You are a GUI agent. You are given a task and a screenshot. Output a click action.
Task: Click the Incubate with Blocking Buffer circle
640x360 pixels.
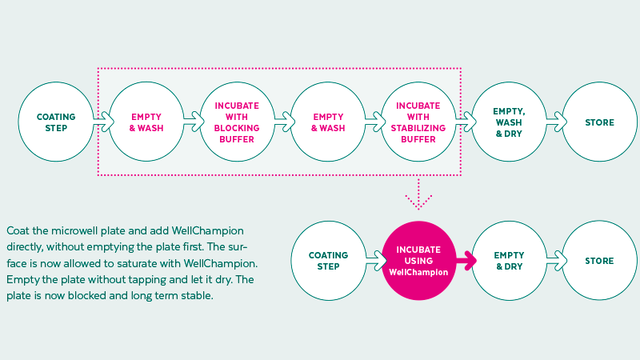[236, 122]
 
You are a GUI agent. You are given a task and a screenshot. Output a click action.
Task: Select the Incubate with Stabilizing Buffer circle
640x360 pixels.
[418, 122]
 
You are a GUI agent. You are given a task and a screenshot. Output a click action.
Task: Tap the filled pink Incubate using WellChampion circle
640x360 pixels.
[418, 261]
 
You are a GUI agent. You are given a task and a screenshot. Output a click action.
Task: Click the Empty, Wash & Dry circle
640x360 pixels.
[509, 122]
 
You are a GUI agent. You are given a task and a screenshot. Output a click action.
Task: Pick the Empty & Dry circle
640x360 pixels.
[509, 261]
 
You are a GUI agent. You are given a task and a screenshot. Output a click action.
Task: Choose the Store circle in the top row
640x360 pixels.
[599, 122]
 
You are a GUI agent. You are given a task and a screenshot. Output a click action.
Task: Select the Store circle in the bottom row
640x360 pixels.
[599, 261]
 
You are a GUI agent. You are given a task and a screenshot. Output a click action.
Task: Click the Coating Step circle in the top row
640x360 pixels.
[56, 122]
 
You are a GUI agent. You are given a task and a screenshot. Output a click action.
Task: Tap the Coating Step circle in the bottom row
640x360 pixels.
[328, 261]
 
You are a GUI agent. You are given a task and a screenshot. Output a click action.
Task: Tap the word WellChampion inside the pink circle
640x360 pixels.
[418, 273]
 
